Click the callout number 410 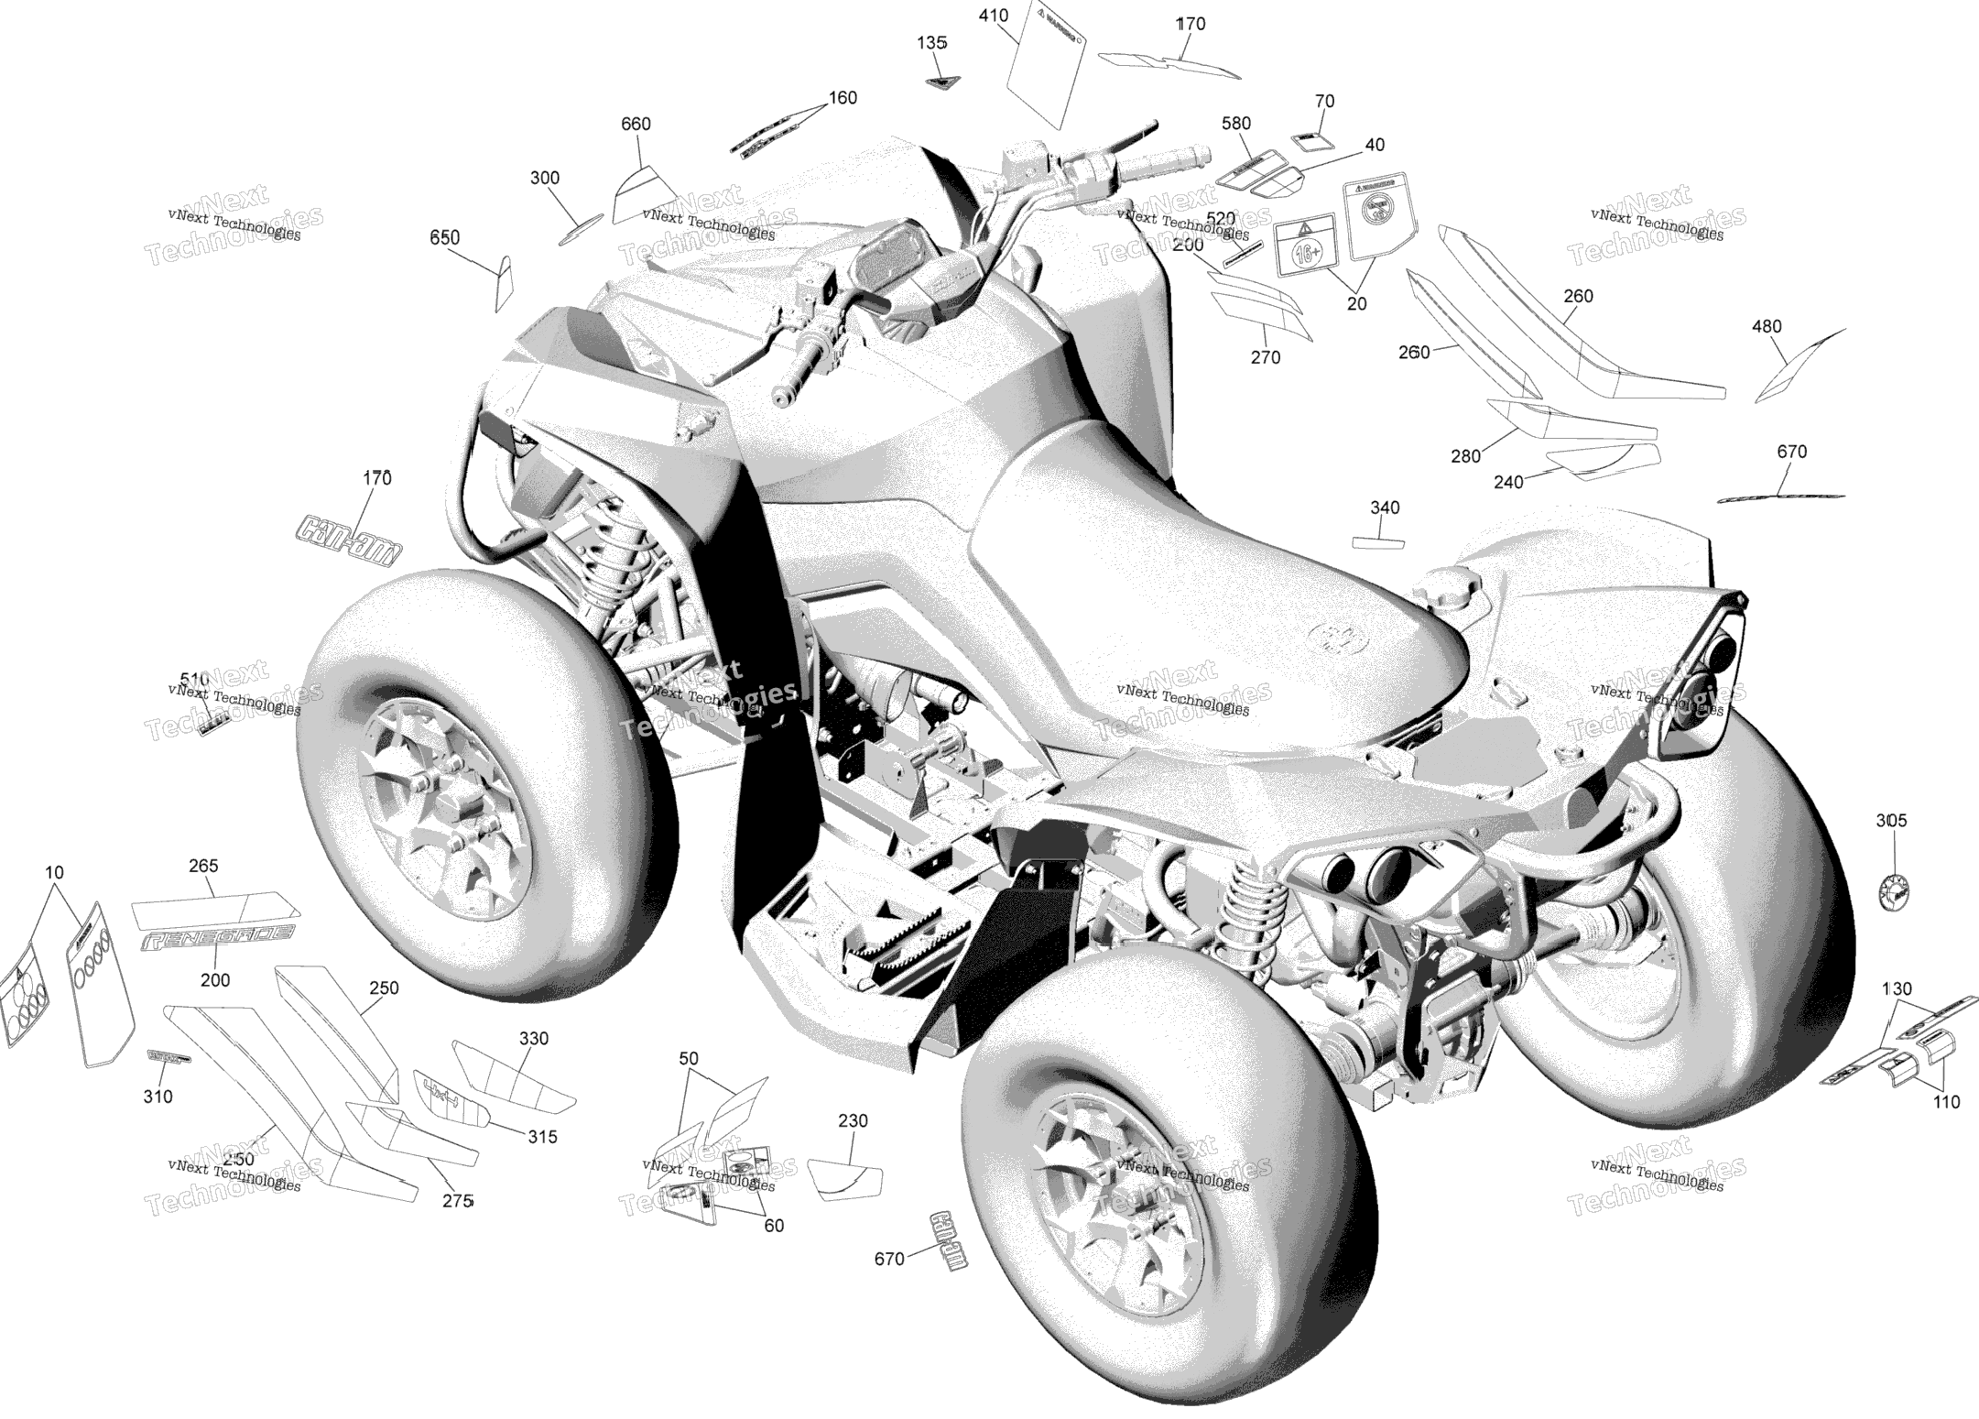click(994, 16)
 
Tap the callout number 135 click(931, 43)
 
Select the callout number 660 click(636, 125)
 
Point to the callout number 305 click(1891, 821)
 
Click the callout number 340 click(1385, 508)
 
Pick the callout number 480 click(1767, 327)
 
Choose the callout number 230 click(853, 1120)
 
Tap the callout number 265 click(203, 866)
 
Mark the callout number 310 click(158, 1097)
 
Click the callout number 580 click(1235, 124)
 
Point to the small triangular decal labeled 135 click(937, 82)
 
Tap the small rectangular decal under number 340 click(1378, 542)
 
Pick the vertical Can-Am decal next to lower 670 click(948, 1242)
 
